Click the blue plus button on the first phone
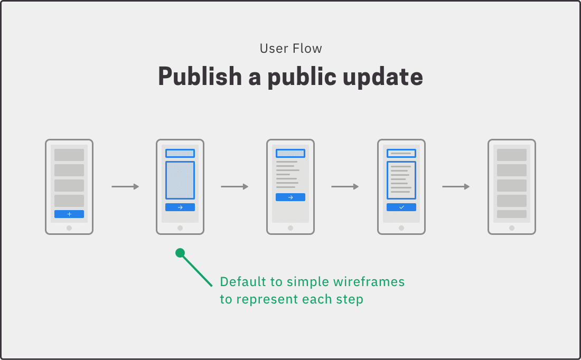point(69,214)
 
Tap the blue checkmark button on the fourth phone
point(401,207)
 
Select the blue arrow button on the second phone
point(180,207)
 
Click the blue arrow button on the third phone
point(290,197)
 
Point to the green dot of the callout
point(180,253)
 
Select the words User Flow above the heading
point(291,49)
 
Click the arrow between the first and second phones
point(125,187)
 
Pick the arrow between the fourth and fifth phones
point(456,187)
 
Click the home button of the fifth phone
point(512,228)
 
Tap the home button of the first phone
point(69,228)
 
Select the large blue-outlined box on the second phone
point(180,181)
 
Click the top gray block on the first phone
point(69,155)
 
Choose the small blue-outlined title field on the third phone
point(290,153)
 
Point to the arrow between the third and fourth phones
point(345,187)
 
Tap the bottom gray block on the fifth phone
point(512,214)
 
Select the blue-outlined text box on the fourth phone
point(401,181)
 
